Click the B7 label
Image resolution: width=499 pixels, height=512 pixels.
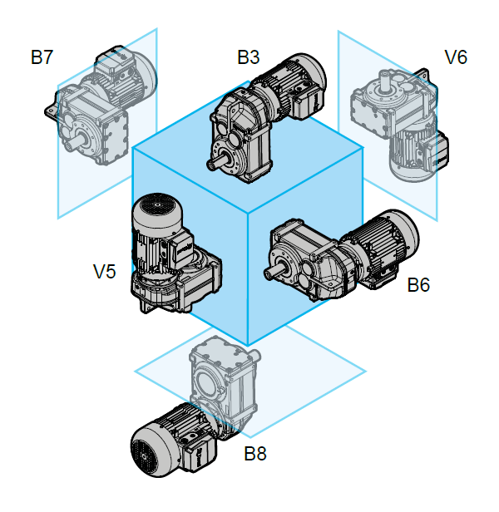(x=42, y=57)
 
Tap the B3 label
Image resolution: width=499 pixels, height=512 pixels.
(x=248, y=57)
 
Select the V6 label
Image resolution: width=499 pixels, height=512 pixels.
(x=456, y=57)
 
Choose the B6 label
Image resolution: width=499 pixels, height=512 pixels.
(x=417, y=285)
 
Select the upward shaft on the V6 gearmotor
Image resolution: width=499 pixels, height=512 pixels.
(x=386, y=80)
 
